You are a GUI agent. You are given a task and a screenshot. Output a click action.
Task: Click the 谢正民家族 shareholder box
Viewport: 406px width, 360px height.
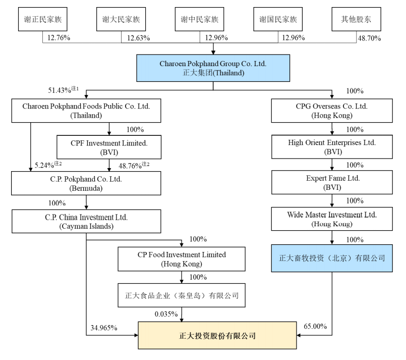tap(43, 19)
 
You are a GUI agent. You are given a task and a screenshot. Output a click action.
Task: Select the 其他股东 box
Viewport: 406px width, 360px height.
tap(356, 19)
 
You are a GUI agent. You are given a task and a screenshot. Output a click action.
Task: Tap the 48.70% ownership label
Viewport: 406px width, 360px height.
tap(369, 38)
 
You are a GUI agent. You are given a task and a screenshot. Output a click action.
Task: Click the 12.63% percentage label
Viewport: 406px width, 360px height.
tap(138, 38)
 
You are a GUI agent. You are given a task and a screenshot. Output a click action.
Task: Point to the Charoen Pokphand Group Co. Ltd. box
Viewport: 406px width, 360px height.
tap(213, 68)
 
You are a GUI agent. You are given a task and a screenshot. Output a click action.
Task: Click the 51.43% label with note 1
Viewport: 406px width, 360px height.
tap(63, 90)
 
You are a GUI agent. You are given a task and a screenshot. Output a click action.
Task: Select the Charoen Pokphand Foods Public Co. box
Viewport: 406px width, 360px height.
tap(86, 111)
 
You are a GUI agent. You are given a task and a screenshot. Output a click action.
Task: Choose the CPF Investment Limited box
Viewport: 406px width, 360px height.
tap(109, 147)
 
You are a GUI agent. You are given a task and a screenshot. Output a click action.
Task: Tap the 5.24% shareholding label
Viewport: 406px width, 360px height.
tap(48, 165)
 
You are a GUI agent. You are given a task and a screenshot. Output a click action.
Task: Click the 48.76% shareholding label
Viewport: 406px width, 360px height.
tap(134, 165)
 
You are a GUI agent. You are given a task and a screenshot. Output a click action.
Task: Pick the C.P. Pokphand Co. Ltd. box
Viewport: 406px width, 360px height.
tap(86, 183)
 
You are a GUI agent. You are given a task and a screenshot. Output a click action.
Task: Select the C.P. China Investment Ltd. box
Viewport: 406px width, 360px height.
tap(86, 221)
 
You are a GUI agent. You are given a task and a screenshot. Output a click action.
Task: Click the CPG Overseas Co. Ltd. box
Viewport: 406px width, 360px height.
tap(332, 111)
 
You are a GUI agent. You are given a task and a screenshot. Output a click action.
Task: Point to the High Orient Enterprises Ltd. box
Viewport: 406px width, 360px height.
tap(332, 147)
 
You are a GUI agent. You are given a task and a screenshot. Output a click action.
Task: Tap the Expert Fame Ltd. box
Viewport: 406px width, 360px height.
tap(332, 182)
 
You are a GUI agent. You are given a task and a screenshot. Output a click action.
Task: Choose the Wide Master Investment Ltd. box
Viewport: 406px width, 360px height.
tap(332, 219)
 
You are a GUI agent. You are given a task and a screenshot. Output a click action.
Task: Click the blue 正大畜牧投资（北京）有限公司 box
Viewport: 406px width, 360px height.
tap(332, 258)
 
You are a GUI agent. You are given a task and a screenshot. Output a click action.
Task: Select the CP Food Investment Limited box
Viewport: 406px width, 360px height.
tap(182, 259)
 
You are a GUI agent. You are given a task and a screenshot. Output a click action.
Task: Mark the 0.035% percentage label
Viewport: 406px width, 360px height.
tap(166, 314)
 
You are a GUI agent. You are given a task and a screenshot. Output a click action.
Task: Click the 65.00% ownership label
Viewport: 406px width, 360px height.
tap(315, 326)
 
